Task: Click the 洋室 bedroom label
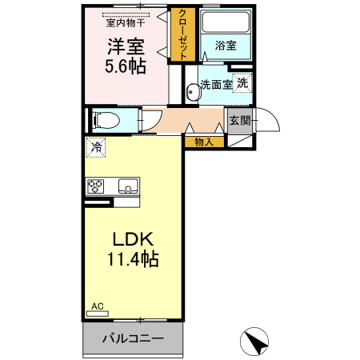[126, 46]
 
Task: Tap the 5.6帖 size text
[126, 66]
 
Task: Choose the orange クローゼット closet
[183, 34]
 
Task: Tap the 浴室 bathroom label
[225, 46]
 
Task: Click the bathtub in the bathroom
[225, 23]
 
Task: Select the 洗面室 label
[215, 84]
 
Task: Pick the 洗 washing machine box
[242, 82]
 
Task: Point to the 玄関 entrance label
[239, 121]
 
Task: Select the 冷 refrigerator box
[96, 147]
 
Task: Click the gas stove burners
[96, 187]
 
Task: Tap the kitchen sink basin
[127, 187]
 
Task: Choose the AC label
[97, 306]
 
